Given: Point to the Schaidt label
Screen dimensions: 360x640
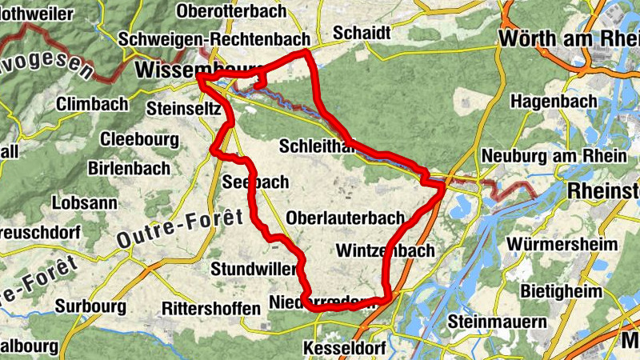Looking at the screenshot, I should [362, 33].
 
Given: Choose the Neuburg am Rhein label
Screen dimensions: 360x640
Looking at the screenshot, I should [554, 156].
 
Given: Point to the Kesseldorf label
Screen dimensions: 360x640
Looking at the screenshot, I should [344, 350].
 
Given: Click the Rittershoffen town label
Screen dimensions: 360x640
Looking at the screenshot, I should [210, 308].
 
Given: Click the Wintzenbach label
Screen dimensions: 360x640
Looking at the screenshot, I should [386, 250].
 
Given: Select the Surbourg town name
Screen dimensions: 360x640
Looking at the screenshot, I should [90, 306].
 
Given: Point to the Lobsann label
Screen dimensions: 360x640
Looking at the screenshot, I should [82, 203].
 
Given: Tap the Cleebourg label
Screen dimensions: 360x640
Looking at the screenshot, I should [139, 138].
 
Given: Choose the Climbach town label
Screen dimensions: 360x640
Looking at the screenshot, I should [92, 104].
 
